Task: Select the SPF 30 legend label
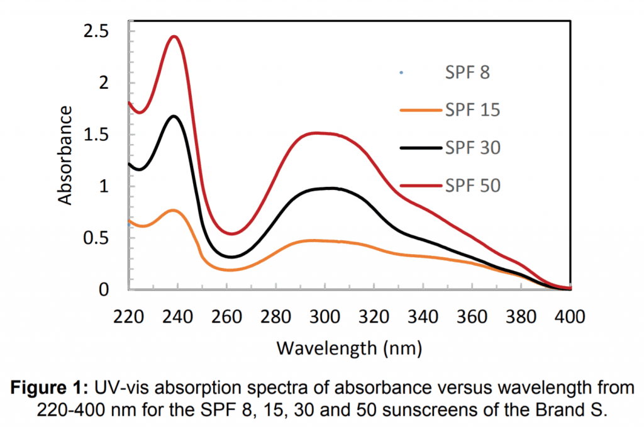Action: (x=472, y=148)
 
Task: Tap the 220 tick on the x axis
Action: (x=128, y=316)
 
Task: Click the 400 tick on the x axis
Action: (x=569, y=316)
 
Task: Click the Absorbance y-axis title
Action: (x=65, y=155)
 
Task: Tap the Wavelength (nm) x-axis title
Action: (x=349, y=347)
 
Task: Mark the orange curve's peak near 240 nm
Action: (x=174, y=210)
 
